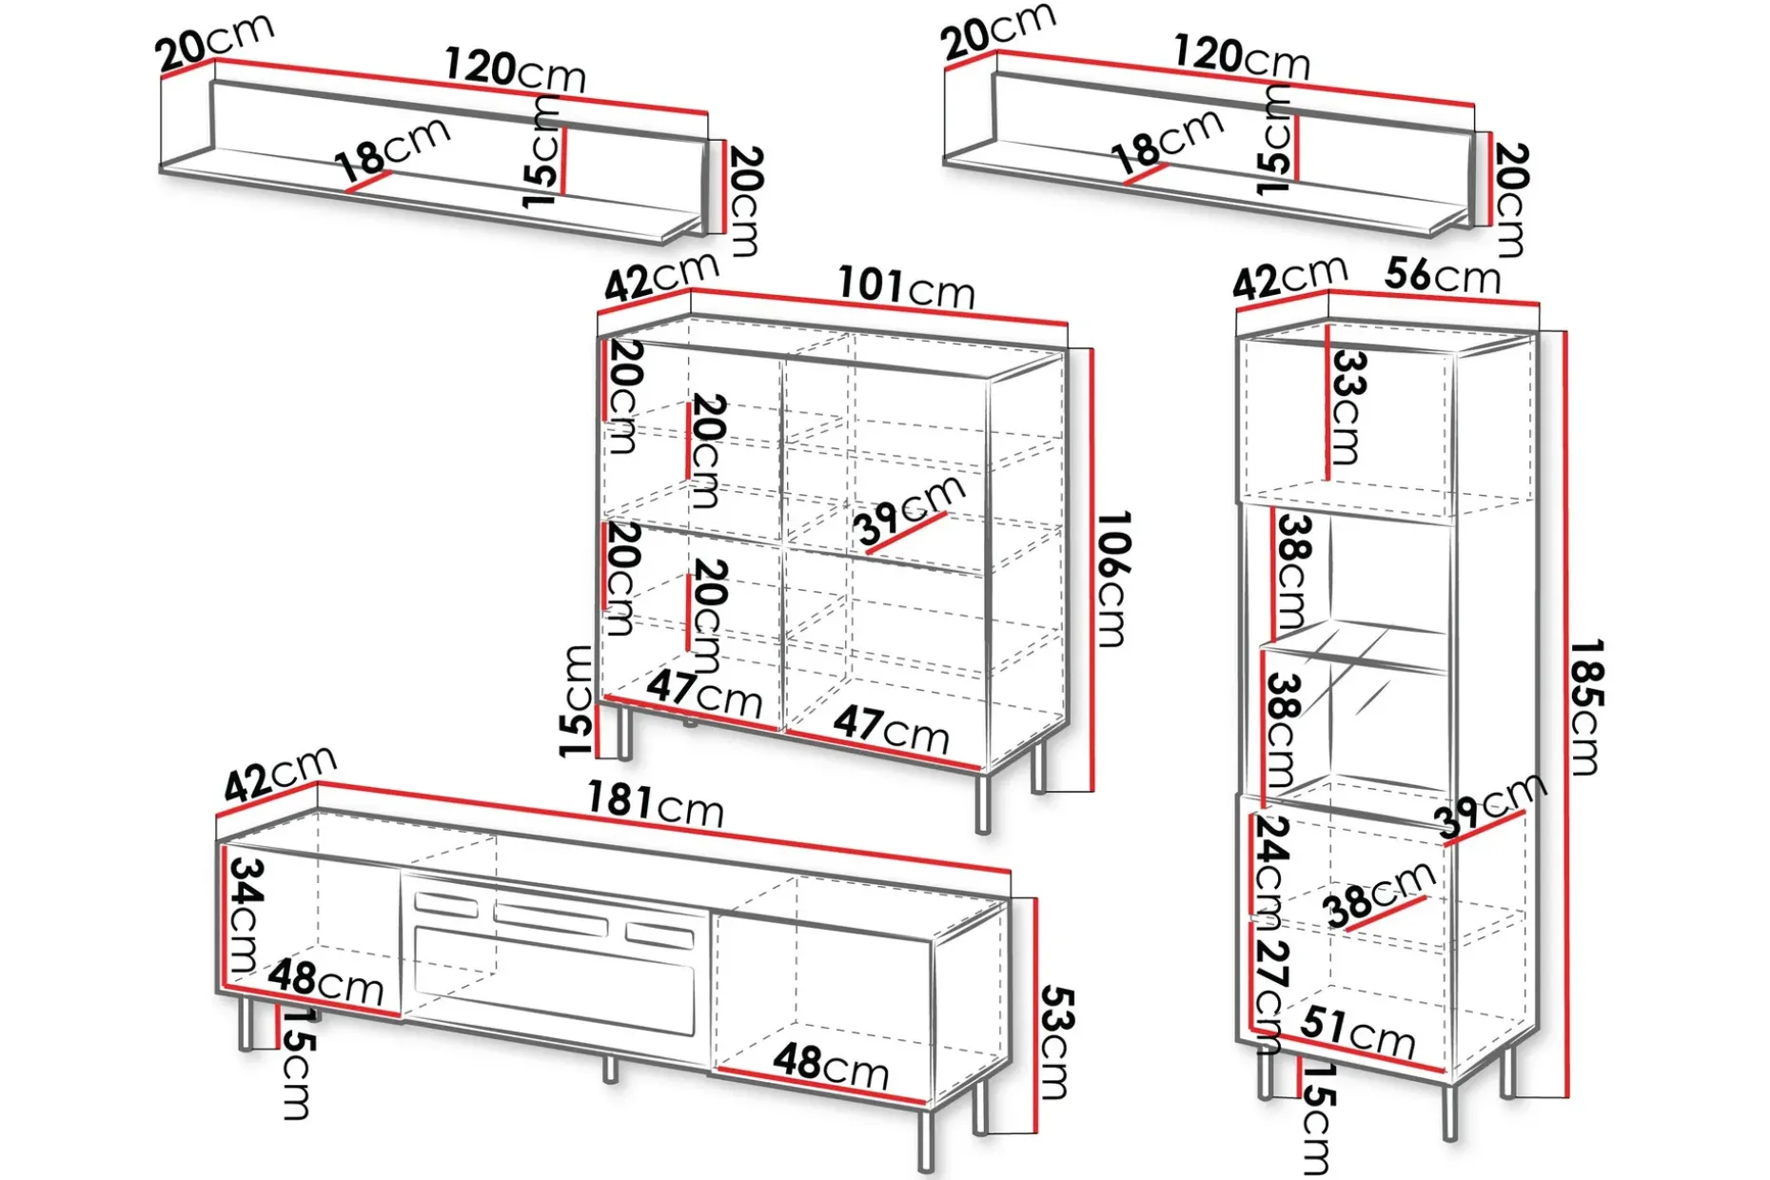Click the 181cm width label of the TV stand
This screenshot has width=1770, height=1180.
tap(655, 804)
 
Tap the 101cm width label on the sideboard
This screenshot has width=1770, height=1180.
tap(906, 286)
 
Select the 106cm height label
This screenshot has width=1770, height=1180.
tap(1112, 579)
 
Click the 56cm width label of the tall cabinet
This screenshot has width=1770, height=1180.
tap(1443, 275)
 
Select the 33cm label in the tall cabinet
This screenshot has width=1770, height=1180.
tap(1347, 407)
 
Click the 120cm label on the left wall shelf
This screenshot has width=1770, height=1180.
tap(515, 70)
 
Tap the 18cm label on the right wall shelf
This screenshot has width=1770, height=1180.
tap(1168, 141)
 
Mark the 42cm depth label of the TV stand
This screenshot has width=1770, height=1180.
tap(280, 773)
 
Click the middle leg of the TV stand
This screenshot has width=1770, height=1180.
tap(610, 1069)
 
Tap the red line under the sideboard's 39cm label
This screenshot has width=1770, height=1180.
tap(906, 533)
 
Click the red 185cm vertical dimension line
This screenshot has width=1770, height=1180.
tap(1564, 714)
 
